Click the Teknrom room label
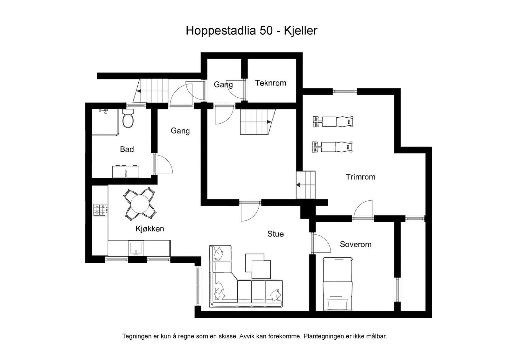270,83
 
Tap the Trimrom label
360,177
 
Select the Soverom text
355,244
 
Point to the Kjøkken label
150,229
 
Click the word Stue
275,234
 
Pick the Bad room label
127,149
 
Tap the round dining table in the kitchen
140,204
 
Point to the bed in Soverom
338,284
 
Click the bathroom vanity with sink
126,172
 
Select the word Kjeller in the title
300,31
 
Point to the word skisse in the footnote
228,336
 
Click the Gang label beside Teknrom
223,85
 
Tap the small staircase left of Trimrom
306,185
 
